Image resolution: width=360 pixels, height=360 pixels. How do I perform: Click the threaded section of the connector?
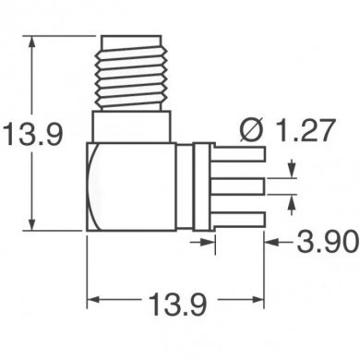[x=132, y=68]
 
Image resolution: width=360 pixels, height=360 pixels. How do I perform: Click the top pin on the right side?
[x=242, y=158]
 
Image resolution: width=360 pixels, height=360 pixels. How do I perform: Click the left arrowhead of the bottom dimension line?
[x=96, y=299]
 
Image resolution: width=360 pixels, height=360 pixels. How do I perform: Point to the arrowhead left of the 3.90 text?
[x=272, y=242]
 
